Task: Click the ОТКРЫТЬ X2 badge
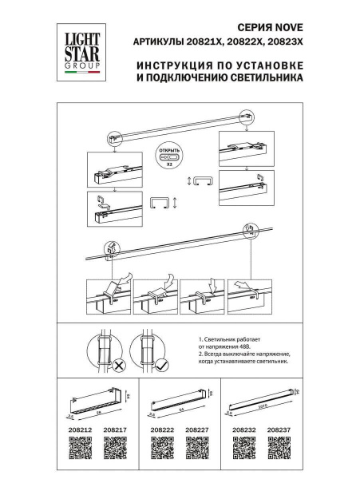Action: click(x=170, y=154)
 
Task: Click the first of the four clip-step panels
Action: click(x=109, y=295)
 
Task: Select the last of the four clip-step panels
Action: click(x=250, y=295)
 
